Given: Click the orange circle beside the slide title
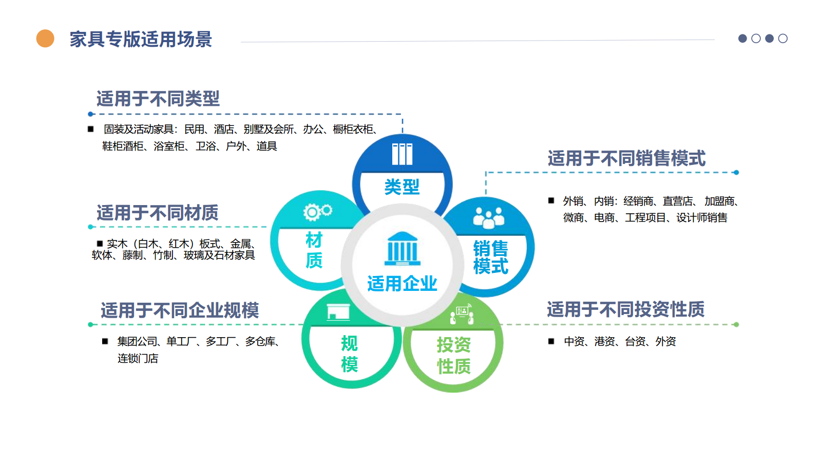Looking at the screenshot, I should click(x=45, y=39).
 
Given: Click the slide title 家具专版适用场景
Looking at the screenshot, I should click(x=141, y=39).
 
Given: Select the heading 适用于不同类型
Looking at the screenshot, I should click(x=158, y=99).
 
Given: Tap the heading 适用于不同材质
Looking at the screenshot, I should click(x=157, y=212).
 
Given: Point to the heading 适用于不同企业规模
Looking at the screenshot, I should click(x=179, y=310).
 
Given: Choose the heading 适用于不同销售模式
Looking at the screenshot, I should click(x=626, y=158).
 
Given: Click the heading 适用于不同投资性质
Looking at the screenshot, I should click(x=625, y=309).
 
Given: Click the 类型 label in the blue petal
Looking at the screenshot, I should click(x=402, y=187).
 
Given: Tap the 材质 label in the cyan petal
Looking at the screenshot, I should click(x=314, y=250).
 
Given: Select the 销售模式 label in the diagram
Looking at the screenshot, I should click(x=490, y=257).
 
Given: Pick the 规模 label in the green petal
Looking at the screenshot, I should click(x=349, y=354).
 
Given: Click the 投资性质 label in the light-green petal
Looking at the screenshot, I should click(x=453, y=355).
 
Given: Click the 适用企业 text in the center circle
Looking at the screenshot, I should click(x=402, y=283).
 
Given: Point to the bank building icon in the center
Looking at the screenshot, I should click(x=403, y=248).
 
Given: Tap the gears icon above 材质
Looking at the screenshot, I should click(x=317, y=211).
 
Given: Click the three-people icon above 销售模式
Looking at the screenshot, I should click(x=488, y=218).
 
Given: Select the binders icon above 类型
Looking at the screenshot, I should click(x=402, y=154).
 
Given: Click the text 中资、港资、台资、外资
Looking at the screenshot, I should click(x=619, y=342).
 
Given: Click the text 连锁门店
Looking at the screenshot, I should click(x=138, y=358).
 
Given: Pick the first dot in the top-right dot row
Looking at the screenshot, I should click(x=742, y=39).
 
